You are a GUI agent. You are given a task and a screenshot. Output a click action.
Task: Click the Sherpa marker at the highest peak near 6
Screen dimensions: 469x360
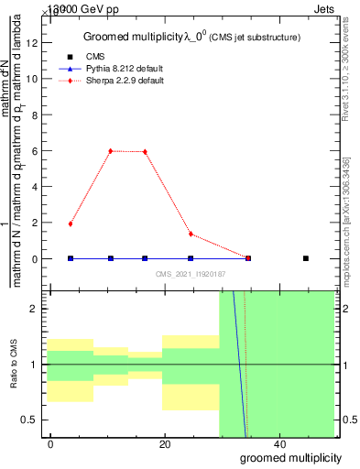[111, 151]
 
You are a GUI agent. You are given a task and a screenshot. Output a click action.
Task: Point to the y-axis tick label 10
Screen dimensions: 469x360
[34, 79]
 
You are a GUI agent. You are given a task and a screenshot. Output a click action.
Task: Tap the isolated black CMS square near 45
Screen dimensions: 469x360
[306, 258]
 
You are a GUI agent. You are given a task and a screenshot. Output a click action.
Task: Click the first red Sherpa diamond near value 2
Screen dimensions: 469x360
[71, 224]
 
